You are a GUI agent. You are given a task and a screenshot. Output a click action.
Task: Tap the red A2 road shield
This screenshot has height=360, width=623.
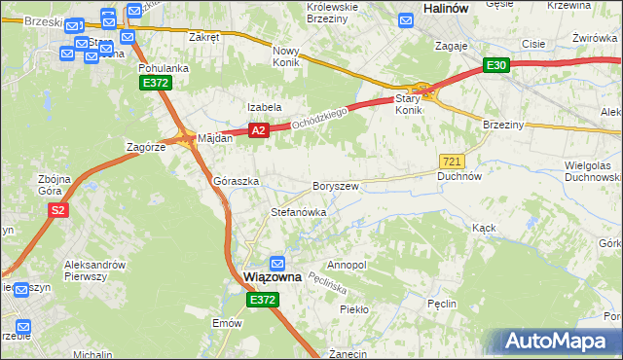coord(257,129)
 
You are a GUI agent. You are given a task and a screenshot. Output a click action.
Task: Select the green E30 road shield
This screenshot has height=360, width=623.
coord(496,65)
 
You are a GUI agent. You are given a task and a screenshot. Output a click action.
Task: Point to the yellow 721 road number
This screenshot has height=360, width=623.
coord(451,161)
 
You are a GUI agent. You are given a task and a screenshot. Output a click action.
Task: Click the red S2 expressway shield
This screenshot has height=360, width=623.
coord(58,210)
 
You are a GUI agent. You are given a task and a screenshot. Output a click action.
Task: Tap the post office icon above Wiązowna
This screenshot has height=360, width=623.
coord(277,264)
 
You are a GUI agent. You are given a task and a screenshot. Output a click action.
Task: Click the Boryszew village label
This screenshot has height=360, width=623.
coord(336,186)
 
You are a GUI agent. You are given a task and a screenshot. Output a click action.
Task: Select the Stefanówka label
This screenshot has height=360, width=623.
coord(298,211)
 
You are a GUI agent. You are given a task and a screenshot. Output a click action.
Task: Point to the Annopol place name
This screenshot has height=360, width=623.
coord(347,265)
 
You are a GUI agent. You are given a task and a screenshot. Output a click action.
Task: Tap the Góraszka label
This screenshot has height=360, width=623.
coord(236,182)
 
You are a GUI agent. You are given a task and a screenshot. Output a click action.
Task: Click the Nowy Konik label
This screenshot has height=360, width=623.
coord(286,55)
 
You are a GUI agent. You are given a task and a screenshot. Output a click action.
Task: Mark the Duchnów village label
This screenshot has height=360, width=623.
coord(459,177)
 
